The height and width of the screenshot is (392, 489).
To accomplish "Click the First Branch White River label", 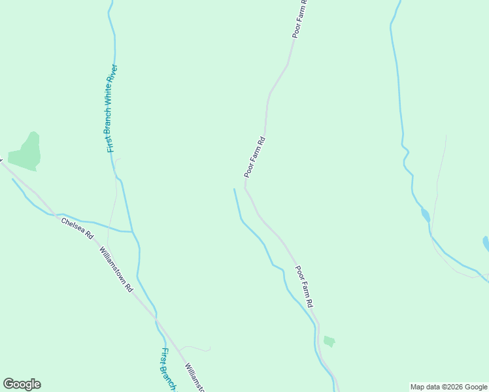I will pyautogui.click(x=112, y=108).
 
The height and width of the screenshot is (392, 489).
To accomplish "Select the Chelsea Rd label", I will pyautogui.click(x=78, y=228).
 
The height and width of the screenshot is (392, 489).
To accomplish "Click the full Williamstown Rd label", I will pyautogui.click(x=116, y=269).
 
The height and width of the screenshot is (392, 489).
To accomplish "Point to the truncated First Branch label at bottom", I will pyautogui.click(x=168, y=369).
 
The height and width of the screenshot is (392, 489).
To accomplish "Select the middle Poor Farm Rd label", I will pyautogui.click(x=254, y=157).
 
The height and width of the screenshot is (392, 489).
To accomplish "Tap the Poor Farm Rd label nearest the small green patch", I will pyautogui.click(x=304, y=287).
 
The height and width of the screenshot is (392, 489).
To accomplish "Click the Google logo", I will pyautogui.click(x=22, y=384).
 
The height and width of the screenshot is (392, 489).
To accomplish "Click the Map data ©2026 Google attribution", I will pyautogui.click(x=449, y=387).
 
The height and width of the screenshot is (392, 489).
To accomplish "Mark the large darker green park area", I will pyautogui.click(x=26, y=152).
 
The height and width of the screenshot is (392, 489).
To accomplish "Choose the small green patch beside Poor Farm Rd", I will pyautogui.click(x=329, y=341).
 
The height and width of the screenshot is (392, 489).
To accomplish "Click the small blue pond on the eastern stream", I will pyautogui.click(x=425, y=215).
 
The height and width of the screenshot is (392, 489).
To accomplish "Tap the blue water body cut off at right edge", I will pyautogui.click(x=486, y=244).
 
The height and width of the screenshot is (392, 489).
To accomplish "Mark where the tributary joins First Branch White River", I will pyautogui.click(x=133, y=232).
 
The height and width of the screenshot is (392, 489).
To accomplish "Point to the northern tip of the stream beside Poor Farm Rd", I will pyautogui.click(x=234, y=189).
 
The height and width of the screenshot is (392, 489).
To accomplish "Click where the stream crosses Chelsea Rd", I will pyautogui.click(x=59, y=214).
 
